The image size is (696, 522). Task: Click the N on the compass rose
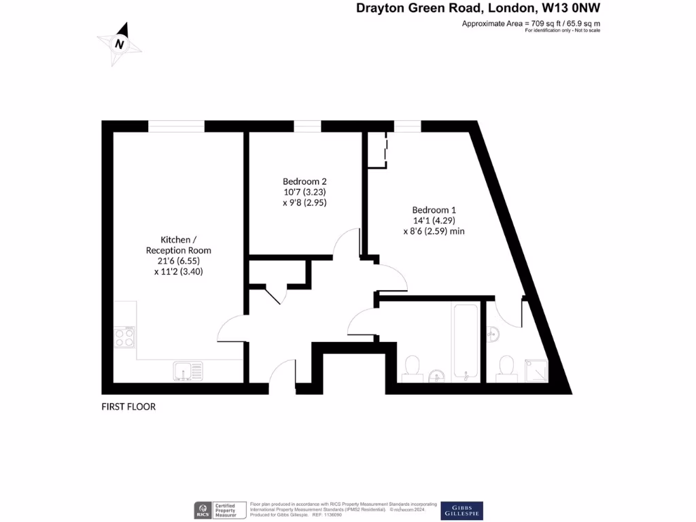pyautogui.click(x=120, y=44)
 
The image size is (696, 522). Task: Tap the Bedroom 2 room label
pyautogui.click(x=305, y=181)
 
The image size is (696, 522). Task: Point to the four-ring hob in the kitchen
pyautogui.click(x=124, y=337)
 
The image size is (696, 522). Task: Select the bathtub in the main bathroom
pyautogui.click(x=466, y=341)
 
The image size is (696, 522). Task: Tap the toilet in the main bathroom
pyautogui.click(x=412, y=367)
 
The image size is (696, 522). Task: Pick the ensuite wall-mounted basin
pyautogui.click(x=493, y=334)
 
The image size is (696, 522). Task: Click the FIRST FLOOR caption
pyautogui.click(x=128, y=407)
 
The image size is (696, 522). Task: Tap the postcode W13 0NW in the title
pyautogui.click(x=571, y=8)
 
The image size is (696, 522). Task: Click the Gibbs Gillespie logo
pyautogui.click(x=462, y=510)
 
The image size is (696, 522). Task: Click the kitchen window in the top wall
pyautogui.click(x=176, y=126)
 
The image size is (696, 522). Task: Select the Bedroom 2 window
pyautogui.click(x=307, y=126)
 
